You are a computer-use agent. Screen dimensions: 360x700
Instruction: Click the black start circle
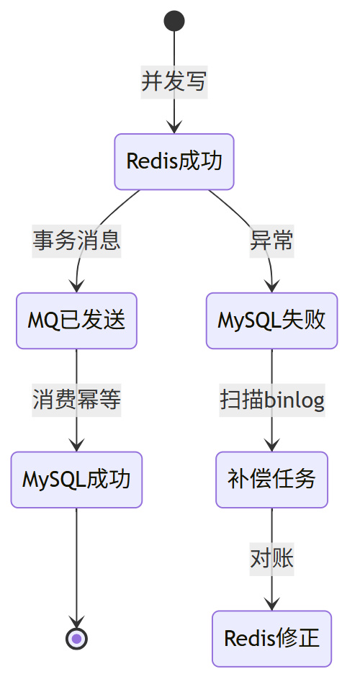(x=174, y=21)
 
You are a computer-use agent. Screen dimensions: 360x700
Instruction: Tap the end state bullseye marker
(x=77, y=639)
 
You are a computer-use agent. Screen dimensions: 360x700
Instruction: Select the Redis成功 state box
(x=174, y=161)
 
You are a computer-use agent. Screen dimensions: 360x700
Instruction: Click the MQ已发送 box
(x=77, y=320)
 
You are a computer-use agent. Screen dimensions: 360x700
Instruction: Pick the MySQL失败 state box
(x=271, y=320)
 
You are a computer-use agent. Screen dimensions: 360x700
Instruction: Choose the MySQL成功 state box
(x=77, y=480)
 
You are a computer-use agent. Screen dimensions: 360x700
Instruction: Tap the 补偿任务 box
(x=271, y=480)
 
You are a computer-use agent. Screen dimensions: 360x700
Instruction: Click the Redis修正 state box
(x=271, y=639)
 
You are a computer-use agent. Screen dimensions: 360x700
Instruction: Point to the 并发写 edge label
(x=174, y=82)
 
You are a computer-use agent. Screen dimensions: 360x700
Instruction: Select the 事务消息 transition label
(x=77, y=241)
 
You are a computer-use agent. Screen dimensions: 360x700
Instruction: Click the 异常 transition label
(x=271, y=241)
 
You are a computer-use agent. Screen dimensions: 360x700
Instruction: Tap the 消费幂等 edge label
(x=77, y=400)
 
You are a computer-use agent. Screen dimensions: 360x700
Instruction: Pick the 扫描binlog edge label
(x=272, y=400)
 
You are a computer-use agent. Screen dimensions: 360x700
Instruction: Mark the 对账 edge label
(x=271, y=560)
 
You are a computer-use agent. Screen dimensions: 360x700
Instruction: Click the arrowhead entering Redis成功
(x=174, y=127)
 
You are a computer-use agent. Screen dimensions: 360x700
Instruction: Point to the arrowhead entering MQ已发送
(x=77, y=287)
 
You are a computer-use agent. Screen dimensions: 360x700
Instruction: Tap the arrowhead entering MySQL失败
(x=271, y=287)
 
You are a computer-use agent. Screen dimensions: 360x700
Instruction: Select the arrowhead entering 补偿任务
(x=271, y=446)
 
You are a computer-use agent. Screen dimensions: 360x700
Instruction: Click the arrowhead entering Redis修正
(x=271, y=604)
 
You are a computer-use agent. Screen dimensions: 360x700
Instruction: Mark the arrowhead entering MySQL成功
(x=77, y=446)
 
